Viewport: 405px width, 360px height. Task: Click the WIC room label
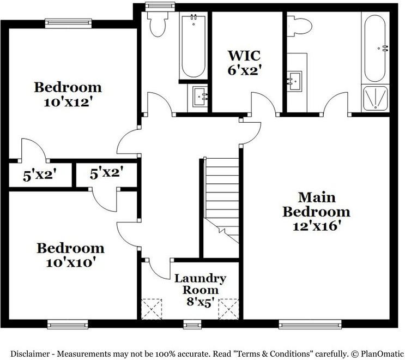click(x=244, y=56)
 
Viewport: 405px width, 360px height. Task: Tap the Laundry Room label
click(x=201, y=284)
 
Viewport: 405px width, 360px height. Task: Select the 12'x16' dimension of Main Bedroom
click(x=316, y=226)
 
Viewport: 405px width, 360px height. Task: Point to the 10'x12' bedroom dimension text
click(x=68, y=103)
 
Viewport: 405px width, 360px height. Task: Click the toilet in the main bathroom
click(x=300, y=26)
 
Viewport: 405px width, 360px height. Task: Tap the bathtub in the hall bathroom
click(x=194, y=46)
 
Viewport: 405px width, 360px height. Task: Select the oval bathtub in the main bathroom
click(x=375, y=48)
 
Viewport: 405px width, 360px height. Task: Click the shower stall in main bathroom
click(x=375, y=98)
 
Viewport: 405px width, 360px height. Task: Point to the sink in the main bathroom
click(x=294, y=81)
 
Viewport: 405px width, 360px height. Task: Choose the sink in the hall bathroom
click(x=200, y=97)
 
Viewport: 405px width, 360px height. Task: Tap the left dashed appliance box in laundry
click(x=152, y=309)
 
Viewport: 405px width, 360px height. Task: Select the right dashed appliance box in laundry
click(x=228, y=309)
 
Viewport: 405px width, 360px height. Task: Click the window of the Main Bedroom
click(x=310, y=324)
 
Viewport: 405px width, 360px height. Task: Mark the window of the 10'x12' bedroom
click(x=69, y=23)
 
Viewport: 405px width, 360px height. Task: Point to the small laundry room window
click(x=192, y=324)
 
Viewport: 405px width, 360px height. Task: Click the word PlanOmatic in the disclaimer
click(x=382, y=353)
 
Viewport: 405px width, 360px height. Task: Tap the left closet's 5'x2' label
click(x=39, y=175)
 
